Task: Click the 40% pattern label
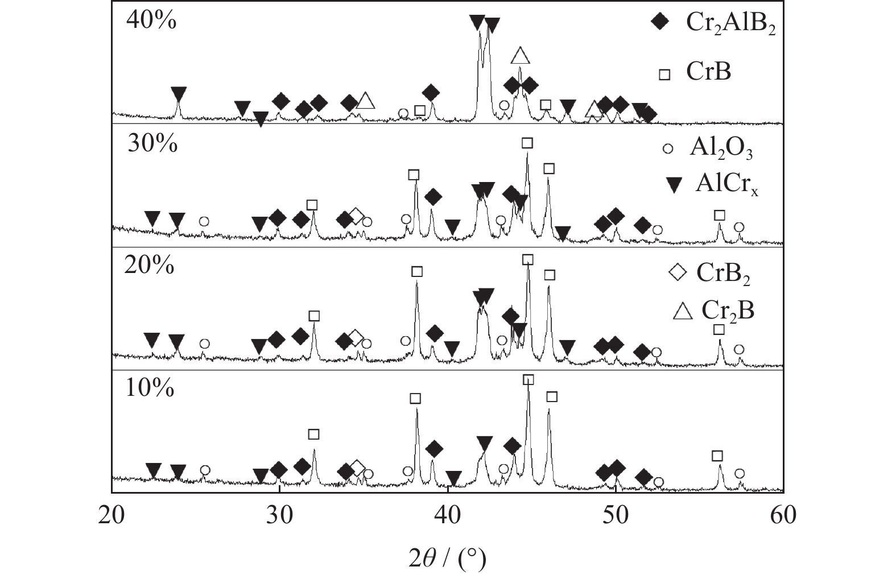point(151,20)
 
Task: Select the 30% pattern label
point(152,143)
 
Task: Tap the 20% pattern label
point(149,264)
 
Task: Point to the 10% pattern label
point(150,387)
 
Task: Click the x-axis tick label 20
point(111,515)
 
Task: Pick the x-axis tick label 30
point(279,515)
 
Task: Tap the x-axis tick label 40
point(448,515)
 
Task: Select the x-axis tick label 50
point(616,515)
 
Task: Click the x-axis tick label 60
point(783,515)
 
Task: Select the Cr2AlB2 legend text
point(731,23)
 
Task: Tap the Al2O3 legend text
point(721,149)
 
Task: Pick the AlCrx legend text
point(726,184)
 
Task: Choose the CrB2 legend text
point(723,274)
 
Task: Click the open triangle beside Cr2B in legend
point(683,312)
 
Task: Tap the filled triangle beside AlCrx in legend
point(675,185)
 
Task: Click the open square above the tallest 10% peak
point(528,380)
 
